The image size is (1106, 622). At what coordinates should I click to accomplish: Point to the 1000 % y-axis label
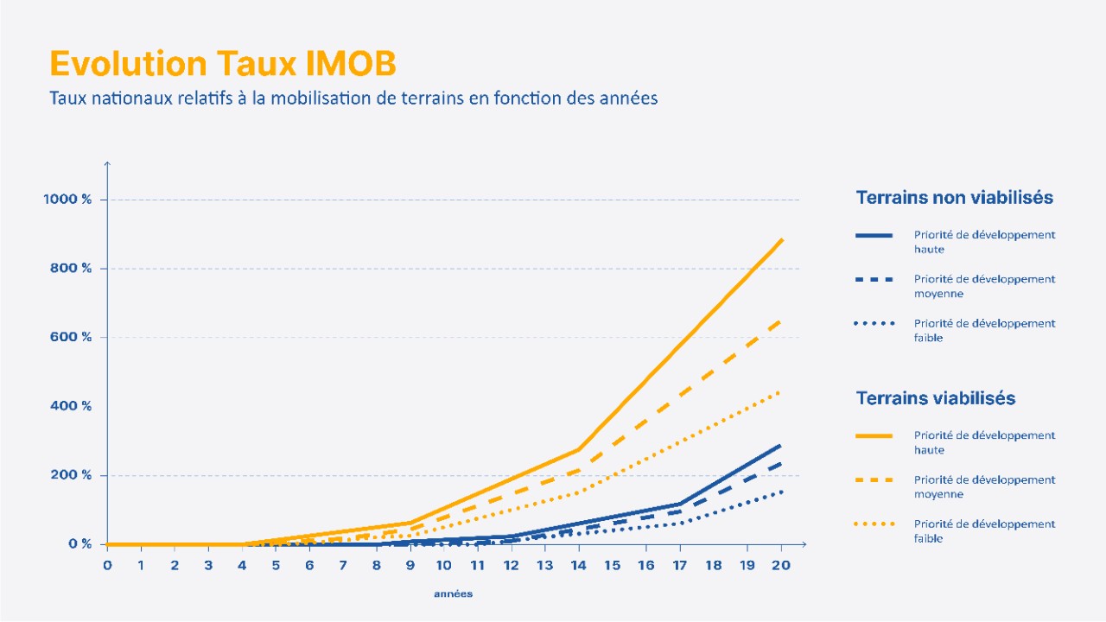coord(67,200)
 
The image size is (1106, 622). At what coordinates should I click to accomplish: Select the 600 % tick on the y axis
coord(71,337)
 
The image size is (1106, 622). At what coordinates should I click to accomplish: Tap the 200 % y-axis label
coord(71,475)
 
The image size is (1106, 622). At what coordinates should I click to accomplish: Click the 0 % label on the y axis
coord(80,544)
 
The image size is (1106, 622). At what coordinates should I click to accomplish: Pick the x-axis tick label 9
coord(410,565)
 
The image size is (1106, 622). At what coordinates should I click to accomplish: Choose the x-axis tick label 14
coord(578,565)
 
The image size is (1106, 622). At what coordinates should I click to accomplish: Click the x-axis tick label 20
coord(781,565)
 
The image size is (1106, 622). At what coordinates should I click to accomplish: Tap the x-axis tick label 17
coord(680,565)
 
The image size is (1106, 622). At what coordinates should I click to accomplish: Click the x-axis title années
coord(453,594)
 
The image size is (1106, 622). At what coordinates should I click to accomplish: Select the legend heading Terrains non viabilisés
coord(954,198)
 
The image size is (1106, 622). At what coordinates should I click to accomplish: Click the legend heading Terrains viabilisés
coord(935,398)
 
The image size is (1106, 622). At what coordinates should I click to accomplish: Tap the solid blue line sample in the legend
coord(874,235)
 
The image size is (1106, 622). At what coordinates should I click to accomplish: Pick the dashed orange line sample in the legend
coord(874,479)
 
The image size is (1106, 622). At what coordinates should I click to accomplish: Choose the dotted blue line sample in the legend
coord(874,324)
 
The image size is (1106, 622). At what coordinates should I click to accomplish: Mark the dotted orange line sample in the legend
coord(874,524)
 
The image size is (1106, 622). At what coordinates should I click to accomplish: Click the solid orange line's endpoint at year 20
coord(782,239)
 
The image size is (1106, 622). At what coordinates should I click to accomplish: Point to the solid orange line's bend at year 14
coord(578,449)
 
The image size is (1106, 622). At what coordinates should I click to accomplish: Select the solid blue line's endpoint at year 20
coord(781,445)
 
